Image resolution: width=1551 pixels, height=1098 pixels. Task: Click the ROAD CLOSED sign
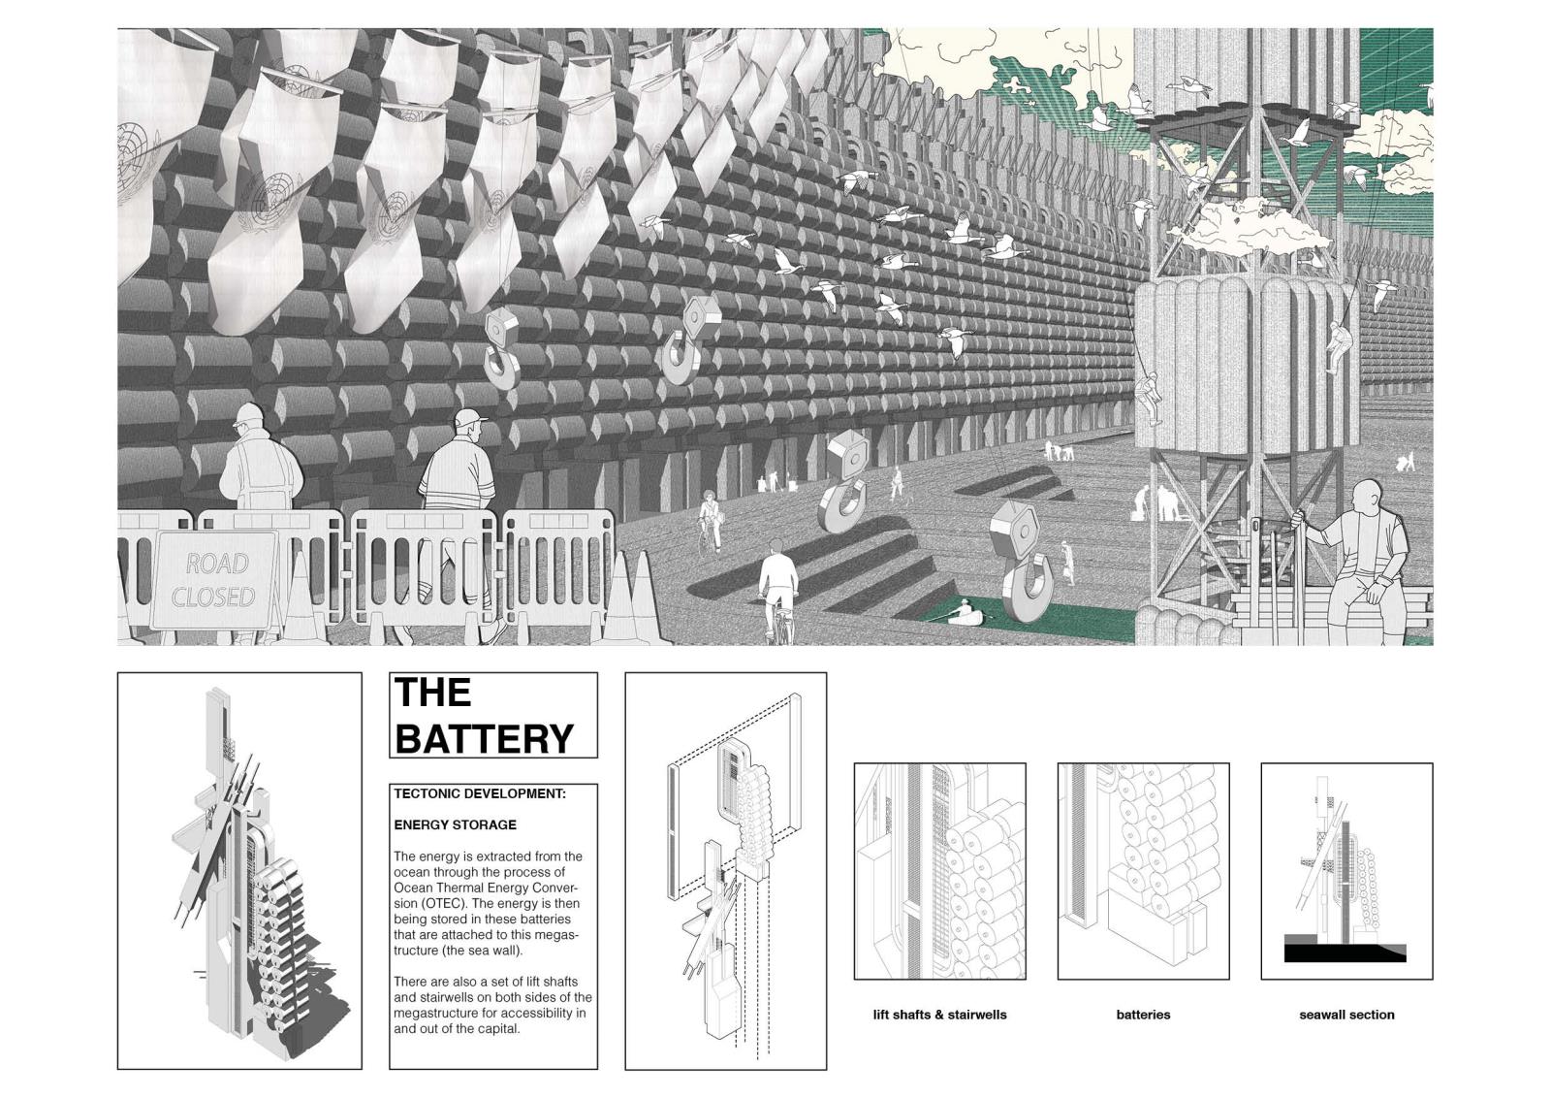[213, 580]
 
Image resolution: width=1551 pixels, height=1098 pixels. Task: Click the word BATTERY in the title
[484, 738]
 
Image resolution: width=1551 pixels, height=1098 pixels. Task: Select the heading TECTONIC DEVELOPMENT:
[480, 793]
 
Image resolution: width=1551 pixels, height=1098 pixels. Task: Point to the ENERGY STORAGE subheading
[455, 825]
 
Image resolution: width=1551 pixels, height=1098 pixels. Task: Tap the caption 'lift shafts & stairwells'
[939, 1015]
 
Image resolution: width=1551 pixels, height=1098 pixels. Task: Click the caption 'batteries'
[1143, 1015]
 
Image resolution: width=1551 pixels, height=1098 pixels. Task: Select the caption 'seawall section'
[1346, 1015]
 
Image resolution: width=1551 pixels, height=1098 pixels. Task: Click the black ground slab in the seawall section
[1345, 953]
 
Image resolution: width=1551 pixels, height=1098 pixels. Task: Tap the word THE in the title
[432, 692]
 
